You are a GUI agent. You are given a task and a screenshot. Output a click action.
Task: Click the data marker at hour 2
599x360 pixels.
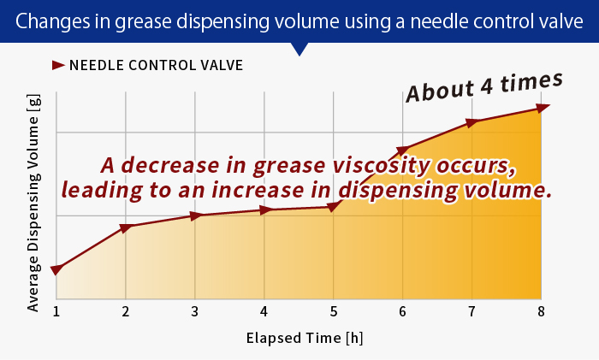[x=126, y=227]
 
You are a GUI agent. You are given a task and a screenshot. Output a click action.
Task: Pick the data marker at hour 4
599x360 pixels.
[x=265, y=210]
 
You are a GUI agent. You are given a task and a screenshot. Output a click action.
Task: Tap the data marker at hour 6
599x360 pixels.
[x=403, y=150]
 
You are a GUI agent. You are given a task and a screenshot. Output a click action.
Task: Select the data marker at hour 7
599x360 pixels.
[x=472, y=122]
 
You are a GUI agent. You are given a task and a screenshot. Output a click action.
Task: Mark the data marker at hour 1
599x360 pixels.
[x=56, y=269]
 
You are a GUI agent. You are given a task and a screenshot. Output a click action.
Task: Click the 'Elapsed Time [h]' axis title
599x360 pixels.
[x=299, y=337]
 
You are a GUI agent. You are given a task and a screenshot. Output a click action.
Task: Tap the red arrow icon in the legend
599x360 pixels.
[x=58, y=64]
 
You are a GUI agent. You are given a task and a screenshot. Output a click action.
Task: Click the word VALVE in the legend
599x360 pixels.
[x=221, y=65]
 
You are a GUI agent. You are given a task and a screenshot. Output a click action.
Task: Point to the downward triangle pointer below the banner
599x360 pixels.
[x=299, y=49]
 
